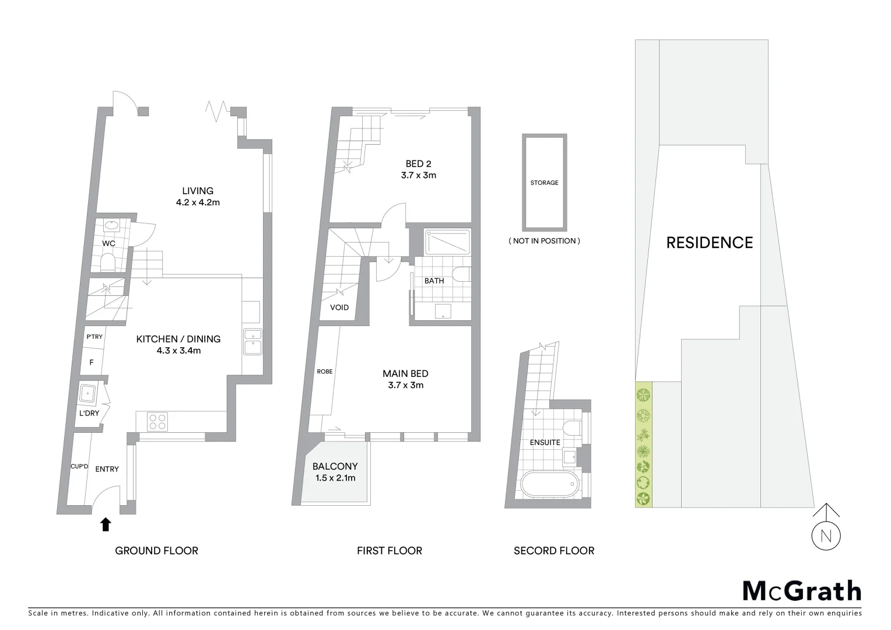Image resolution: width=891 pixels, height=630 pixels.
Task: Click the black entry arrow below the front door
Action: [106, 524]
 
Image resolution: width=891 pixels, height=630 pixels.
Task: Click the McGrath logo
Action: [801, 591]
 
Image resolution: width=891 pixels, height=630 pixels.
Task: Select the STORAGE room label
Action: [544, 183]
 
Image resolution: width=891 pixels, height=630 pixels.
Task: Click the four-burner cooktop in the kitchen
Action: [157, 421]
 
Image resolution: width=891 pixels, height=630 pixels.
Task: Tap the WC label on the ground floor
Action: [108, 243]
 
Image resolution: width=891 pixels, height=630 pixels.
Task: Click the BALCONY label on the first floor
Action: [335, 466]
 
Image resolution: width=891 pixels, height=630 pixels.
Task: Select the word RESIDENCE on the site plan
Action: [709, 243]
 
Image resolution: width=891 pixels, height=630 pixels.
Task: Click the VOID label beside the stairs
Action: [339, 307]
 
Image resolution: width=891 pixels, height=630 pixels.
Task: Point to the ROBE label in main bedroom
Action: [325, 372]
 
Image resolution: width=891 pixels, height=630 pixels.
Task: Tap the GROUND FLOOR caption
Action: [156, 551]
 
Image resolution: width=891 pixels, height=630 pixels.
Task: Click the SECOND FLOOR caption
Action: [553, 551]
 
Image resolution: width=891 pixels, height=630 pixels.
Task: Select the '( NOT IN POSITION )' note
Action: [544, 241]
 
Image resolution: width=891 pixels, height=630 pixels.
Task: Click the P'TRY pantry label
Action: [94, 337]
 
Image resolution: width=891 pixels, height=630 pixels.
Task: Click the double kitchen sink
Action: [253, 342]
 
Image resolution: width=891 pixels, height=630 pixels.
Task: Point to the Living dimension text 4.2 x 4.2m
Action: [198, 203]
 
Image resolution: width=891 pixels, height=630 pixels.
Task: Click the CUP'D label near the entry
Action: [79, 466]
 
